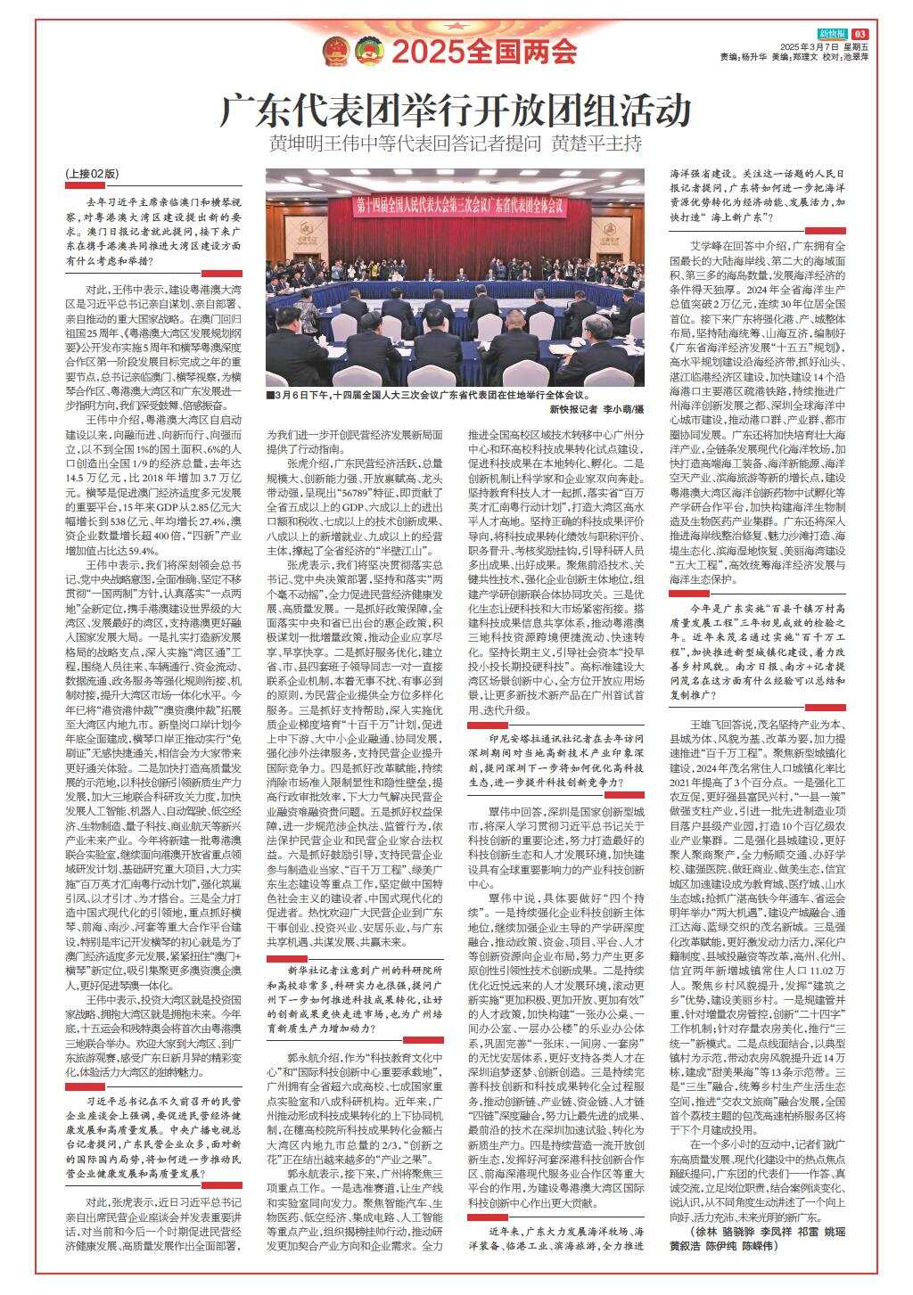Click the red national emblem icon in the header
335,51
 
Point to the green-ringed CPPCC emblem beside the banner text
367,51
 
